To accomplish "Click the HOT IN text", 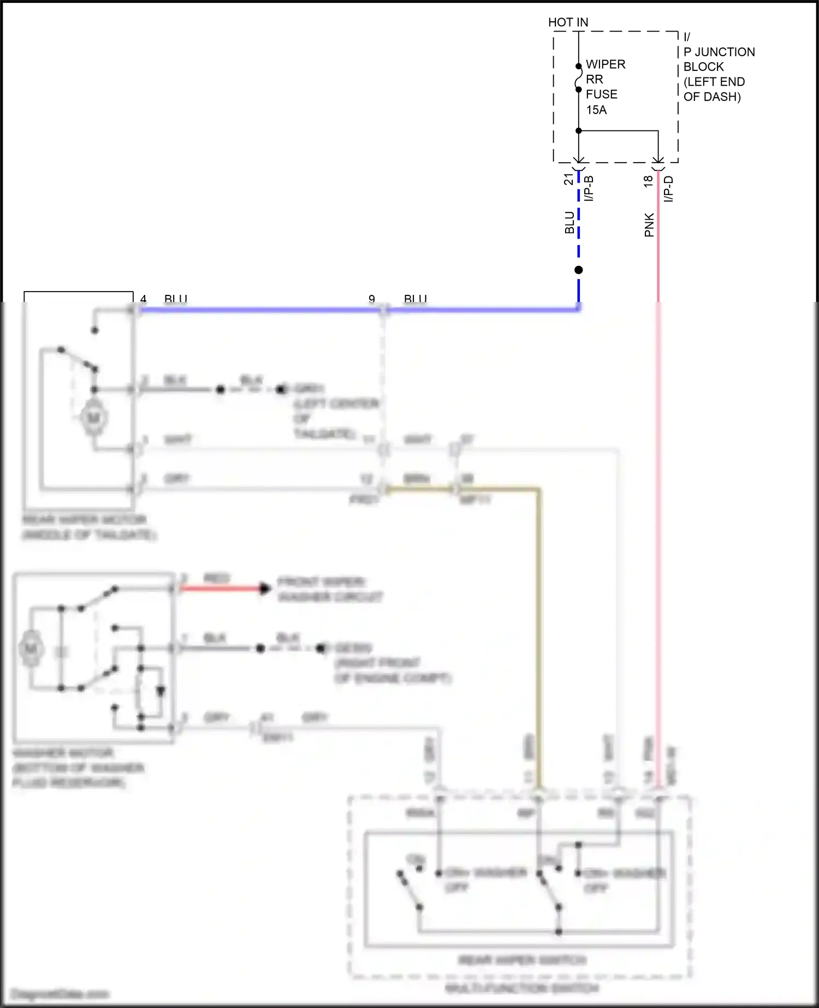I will pyautogui.click(x=568, y=22).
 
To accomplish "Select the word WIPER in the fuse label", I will pyautogui.click(x=606, y=64).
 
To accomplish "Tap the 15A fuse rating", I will pyautogui.click(x=596, y=110).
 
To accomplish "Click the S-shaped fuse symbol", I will pyautogui.click(x=578, y=78).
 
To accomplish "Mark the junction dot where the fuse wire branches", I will pyautogui.click(x=579, y=131).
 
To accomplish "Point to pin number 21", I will pyautogui.click(x=568, y=179).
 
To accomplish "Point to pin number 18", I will pyautogui.click(x=648, y=181).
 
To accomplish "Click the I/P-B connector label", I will pyautogui.click(x=589, y=188).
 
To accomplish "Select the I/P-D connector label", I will pyautogui.click(x=669, y=189).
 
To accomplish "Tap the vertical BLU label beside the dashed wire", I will pyautogui.click(x=569, y=223).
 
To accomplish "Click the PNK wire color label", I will pyautogui.click(x=649, y=225).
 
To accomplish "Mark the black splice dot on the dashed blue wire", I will pyautogui.click(x=579, y=270).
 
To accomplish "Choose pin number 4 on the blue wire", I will pyautogui.click(x=144, y=299).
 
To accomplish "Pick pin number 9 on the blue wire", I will pyautogui.click(x=372, y=299).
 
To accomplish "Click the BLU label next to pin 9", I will pyautogui.click(x=415, y=299).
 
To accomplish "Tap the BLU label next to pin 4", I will pyautogui.click(x=176, y=299).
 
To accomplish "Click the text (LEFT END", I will pyautogui.click(x=714, y=82).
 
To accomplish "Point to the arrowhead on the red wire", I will pyautogui.click(x=265, y=589).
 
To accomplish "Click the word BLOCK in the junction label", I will pyautogui.click(x=703, y=67).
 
